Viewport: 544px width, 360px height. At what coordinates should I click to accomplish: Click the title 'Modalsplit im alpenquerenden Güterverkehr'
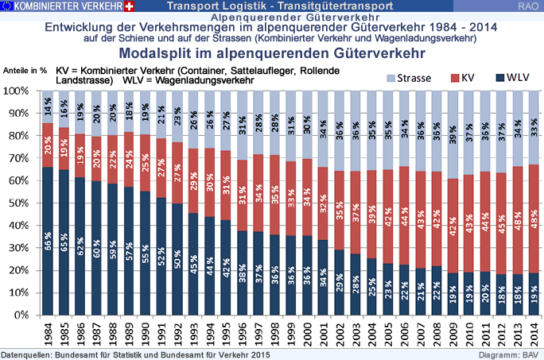tap(271, 54)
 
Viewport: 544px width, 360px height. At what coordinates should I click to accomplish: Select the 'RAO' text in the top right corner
tap(526, 6)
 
